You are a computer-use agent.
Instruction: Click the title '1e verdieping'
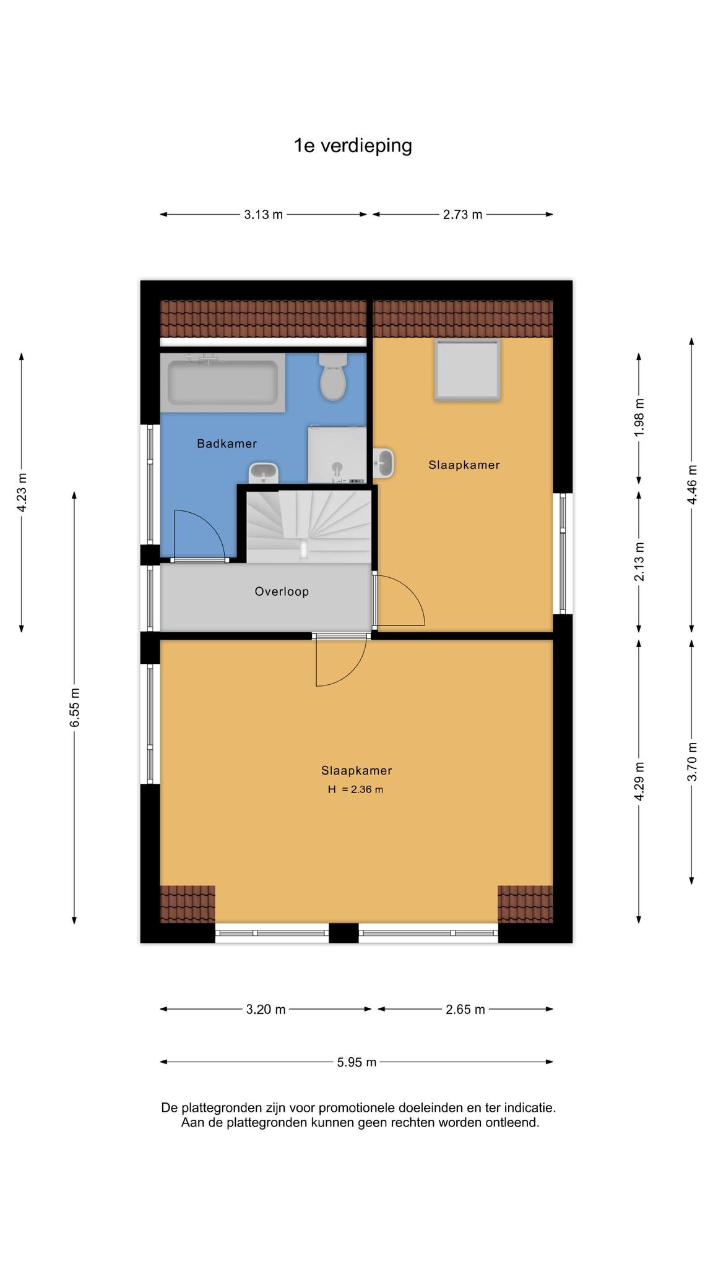[353, 146]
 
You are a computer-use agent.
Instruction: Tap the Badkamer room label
[227, 444]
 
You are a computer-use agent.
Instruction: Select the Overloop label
[282, 591]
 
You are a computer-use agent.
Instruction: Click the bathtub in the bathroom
[223, 382]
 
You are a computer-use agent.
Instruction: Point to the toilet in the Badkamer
[333, 377]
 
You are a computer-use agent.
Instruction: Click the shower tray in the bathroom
[337, 455]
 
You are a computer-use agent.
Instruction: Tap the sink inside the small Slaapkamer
[384, 463]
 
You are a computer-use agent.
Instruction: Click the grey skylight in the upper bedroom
[467, 370]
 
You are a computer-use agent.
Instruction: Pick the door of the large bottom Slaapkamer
[340, 660]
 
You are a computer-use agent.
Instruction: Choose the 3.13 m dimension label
[263, 215]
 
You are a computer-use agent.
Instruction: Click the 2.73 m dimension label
[462, 215]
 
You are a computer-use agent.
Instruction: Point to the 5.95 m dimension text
[356, 1062]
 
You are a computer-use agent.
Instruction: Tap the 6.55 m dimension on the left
[74, 708]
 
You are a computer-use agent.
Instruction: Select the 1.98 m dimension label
[639, 417]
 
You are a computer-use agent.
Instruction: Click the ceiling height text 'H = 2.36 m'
[355, 789]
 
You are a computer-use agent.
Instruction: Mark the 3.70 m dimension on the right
[692, 762]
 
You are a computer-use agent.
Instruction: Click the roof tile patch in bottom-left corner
[188, 904]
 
